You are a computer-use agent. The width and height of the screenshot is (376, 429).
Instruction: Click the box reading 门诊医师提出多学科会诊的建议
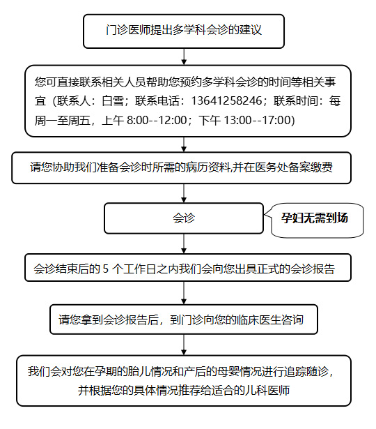pos(184,31)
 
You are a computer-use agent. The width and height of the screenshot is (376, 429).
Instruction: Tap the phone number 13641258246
pos(226,100)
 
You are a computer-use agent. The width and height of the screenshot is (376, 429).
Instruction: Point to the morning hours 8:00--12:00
pos(157,120)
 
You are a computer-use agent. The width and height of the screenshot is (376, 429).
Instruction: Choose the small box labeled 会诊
pos(184,218)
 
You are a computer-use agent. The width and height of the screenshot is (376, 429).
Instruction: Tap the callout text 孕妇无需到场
pos(315,218)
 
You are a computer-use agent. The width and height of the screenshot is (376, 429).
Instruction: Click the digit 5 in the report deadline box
pos(106,269)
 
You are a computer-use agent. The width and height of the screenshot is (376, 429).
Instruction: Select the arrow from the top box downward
pos(184,57)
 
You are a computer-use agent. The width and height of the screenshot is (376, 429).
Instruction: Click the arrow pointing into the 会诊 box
pos(184,193)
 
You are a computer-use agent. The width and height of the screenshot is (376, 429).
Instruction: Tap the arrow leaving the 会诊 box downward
pos(184,243)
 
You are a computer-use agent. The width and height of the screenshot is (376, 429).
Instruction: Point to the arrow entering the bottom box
pos(184,345)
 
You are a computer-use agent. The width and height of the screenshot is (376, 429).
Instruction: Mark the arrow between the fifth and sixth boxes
pos(184,293)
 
